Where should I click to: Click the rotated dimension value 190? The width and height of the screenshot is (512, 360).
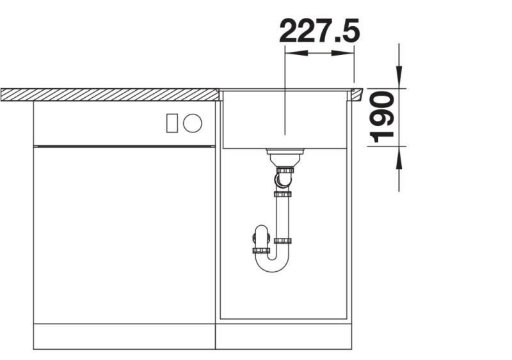(383, 116)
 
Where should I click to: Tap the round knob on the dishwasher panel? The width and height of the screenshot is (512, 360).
(192, 123)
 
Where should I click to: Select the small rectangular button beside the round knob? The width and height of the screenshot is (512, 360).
(172, 123)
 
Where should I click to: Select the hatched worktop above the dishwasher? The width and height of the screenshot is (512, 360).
(109, 95)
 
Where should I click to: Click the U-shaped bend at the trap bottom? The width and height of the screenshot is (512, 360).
(272, 264)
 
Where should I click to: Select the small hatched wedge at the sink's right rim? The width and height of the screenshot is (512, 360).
(355, 95)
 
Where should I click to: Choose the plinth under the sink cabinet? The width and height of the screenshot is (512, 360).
(284, 336)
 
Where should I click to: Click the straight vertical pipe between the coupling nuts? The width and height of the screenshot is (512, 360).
(282, 217)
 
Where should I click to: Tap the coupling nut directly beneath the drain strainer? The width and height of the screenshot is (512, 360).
(284, 170)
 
